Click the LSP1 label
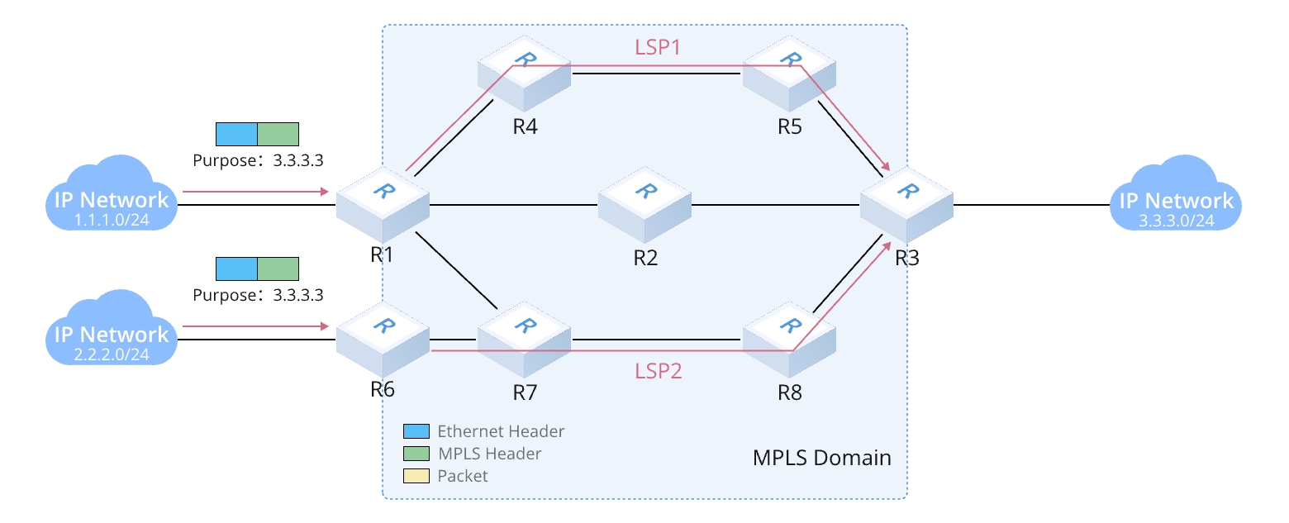[658, 47]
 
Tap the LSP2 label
[659, 371]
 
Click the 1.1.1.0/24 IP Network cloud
[112, 198]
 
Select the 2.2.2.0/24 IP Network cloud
[112, 333]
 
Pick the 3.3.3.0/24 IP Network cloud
[1176, 198]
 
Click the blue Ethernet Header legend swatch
[416, 431]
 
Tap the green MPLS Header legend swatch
[416, 454]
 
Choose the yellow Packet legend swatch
[416, 476]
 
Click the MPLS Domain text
[821, 457]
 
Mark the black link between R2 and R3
[777, 205]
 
